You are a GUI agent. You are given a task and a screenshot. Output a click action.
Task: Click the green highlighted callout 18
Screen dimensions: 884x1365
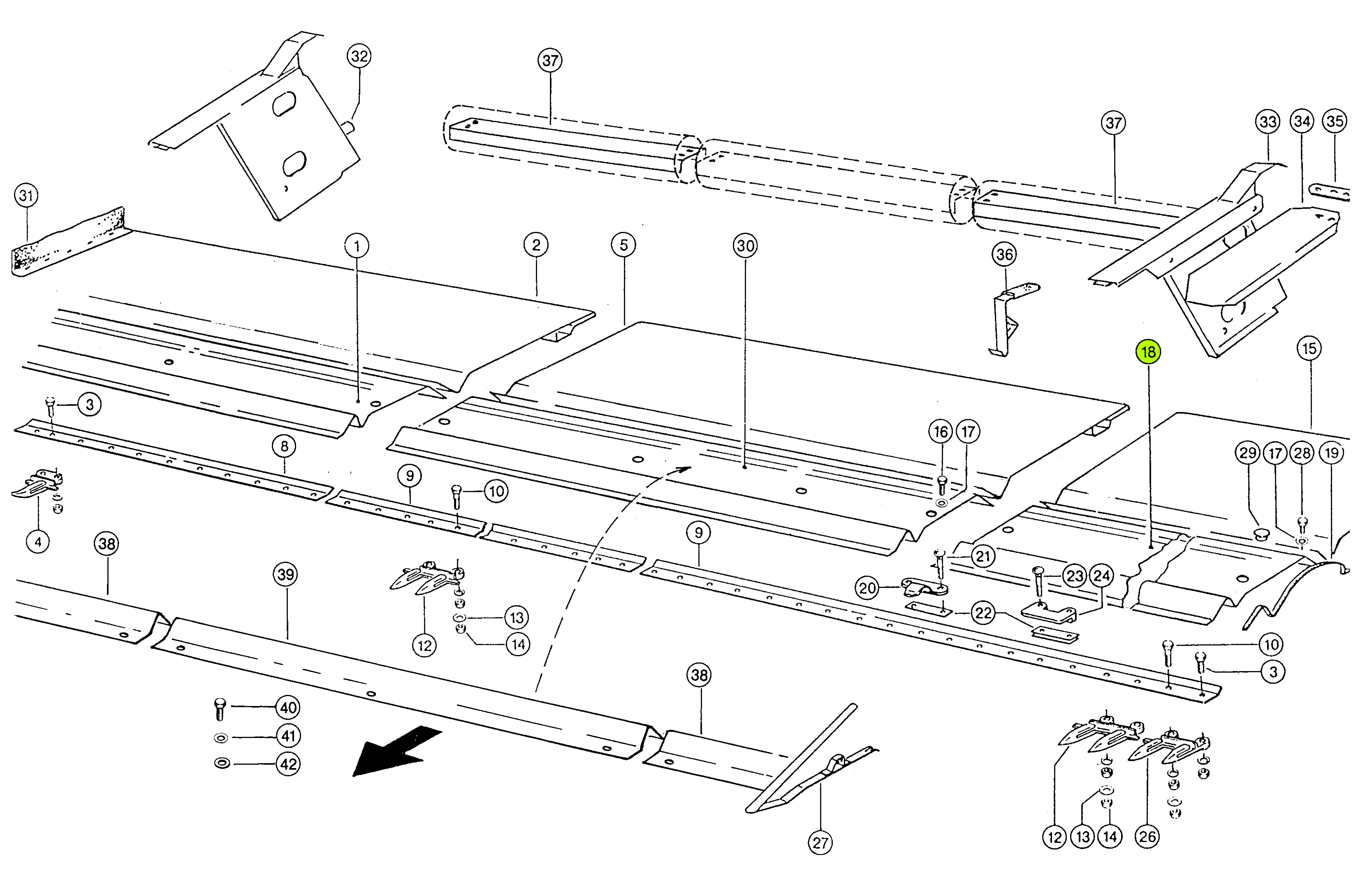[1148, 352]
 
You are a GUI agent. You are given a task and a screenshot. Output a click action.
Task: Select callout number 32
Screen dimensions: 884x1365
[359, 56]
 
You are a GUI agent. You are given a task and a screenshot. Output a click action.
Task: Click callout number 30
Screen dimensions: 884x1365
[745, 246]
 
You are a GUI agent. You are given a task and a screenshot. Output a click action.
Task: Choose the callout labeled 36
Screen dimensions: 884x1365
[1004, 255]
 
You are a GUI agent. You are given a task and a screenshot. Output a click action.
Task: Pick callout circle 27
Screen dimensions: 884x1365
[820, 843]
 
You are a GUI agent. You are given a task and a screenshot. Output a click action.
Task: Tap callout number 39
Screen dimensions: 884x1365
[285, 574]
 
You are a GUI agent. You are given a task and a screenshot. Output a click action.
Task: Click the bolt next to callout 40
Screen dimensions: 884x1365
[220, 709]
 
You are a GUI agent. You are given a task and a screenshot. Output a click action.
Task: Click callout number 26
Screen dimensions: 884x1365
[1147, 837]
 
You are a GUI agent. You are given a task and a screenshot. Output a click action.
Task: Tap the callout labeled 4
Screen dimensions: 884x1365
[38, 542]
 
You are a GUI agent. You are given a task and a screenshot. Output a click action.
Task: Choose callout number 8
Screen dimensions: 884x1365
[285, 446]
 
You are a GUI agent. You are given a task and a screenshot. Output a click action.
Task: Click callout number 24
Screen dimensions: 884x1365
[1101, 576]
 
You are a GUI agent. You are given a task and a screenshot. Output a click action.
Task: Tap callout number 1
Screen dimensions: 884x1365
[357, 247]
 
